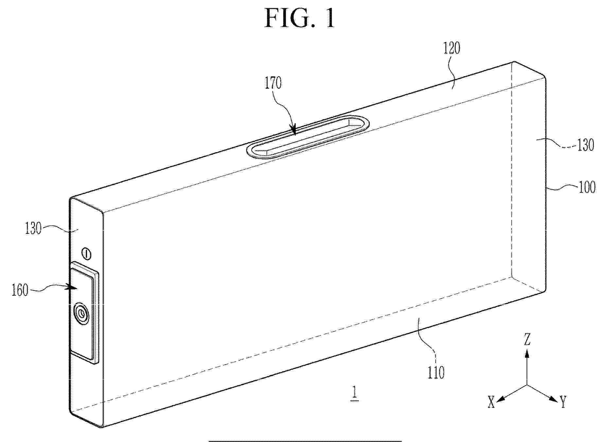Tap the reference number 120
(452, 48)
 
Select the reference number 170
(273, 83)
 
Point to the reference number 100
(587, 188)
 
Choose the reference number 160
(20, 291)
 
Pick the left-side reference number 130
(33, 228)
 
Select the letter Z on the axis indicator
(527, 340)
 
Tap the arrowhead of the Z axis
(527, 353)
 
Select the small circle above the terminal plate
(86, 254)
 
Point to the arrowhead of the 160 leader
(73, 288)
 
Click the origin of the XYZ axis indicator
(527, 385)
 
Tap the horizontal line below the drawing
(305, 441)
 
